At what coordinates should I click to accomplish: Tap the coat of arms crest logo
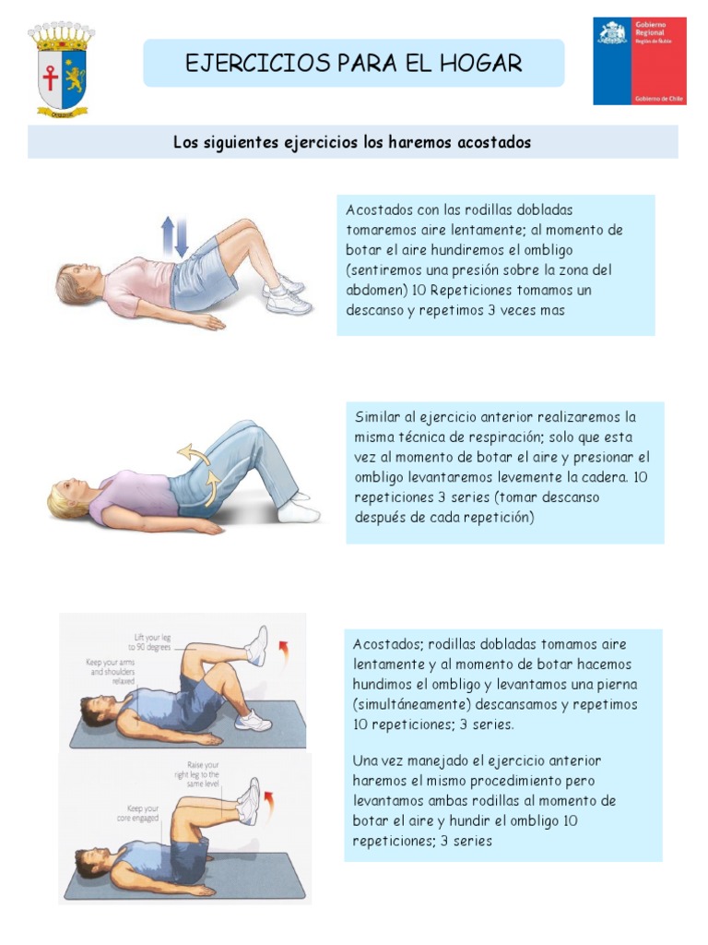(x=62, y=69)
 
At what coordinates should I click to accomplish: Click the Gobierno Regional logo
(x=639, y=61)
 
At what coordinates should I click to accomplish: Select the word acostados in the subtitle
(x=494, y=143)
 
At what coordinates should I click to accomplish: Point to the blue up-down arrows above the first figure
(x=174, y=237)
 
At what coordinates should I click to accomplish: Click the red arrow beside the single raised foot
(x=283, y=652)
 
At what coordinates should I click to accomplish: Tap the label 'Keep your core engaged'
(x=137, y=813)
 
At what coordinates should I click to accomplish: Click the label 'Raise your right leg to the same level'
(x=204, y=772)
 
